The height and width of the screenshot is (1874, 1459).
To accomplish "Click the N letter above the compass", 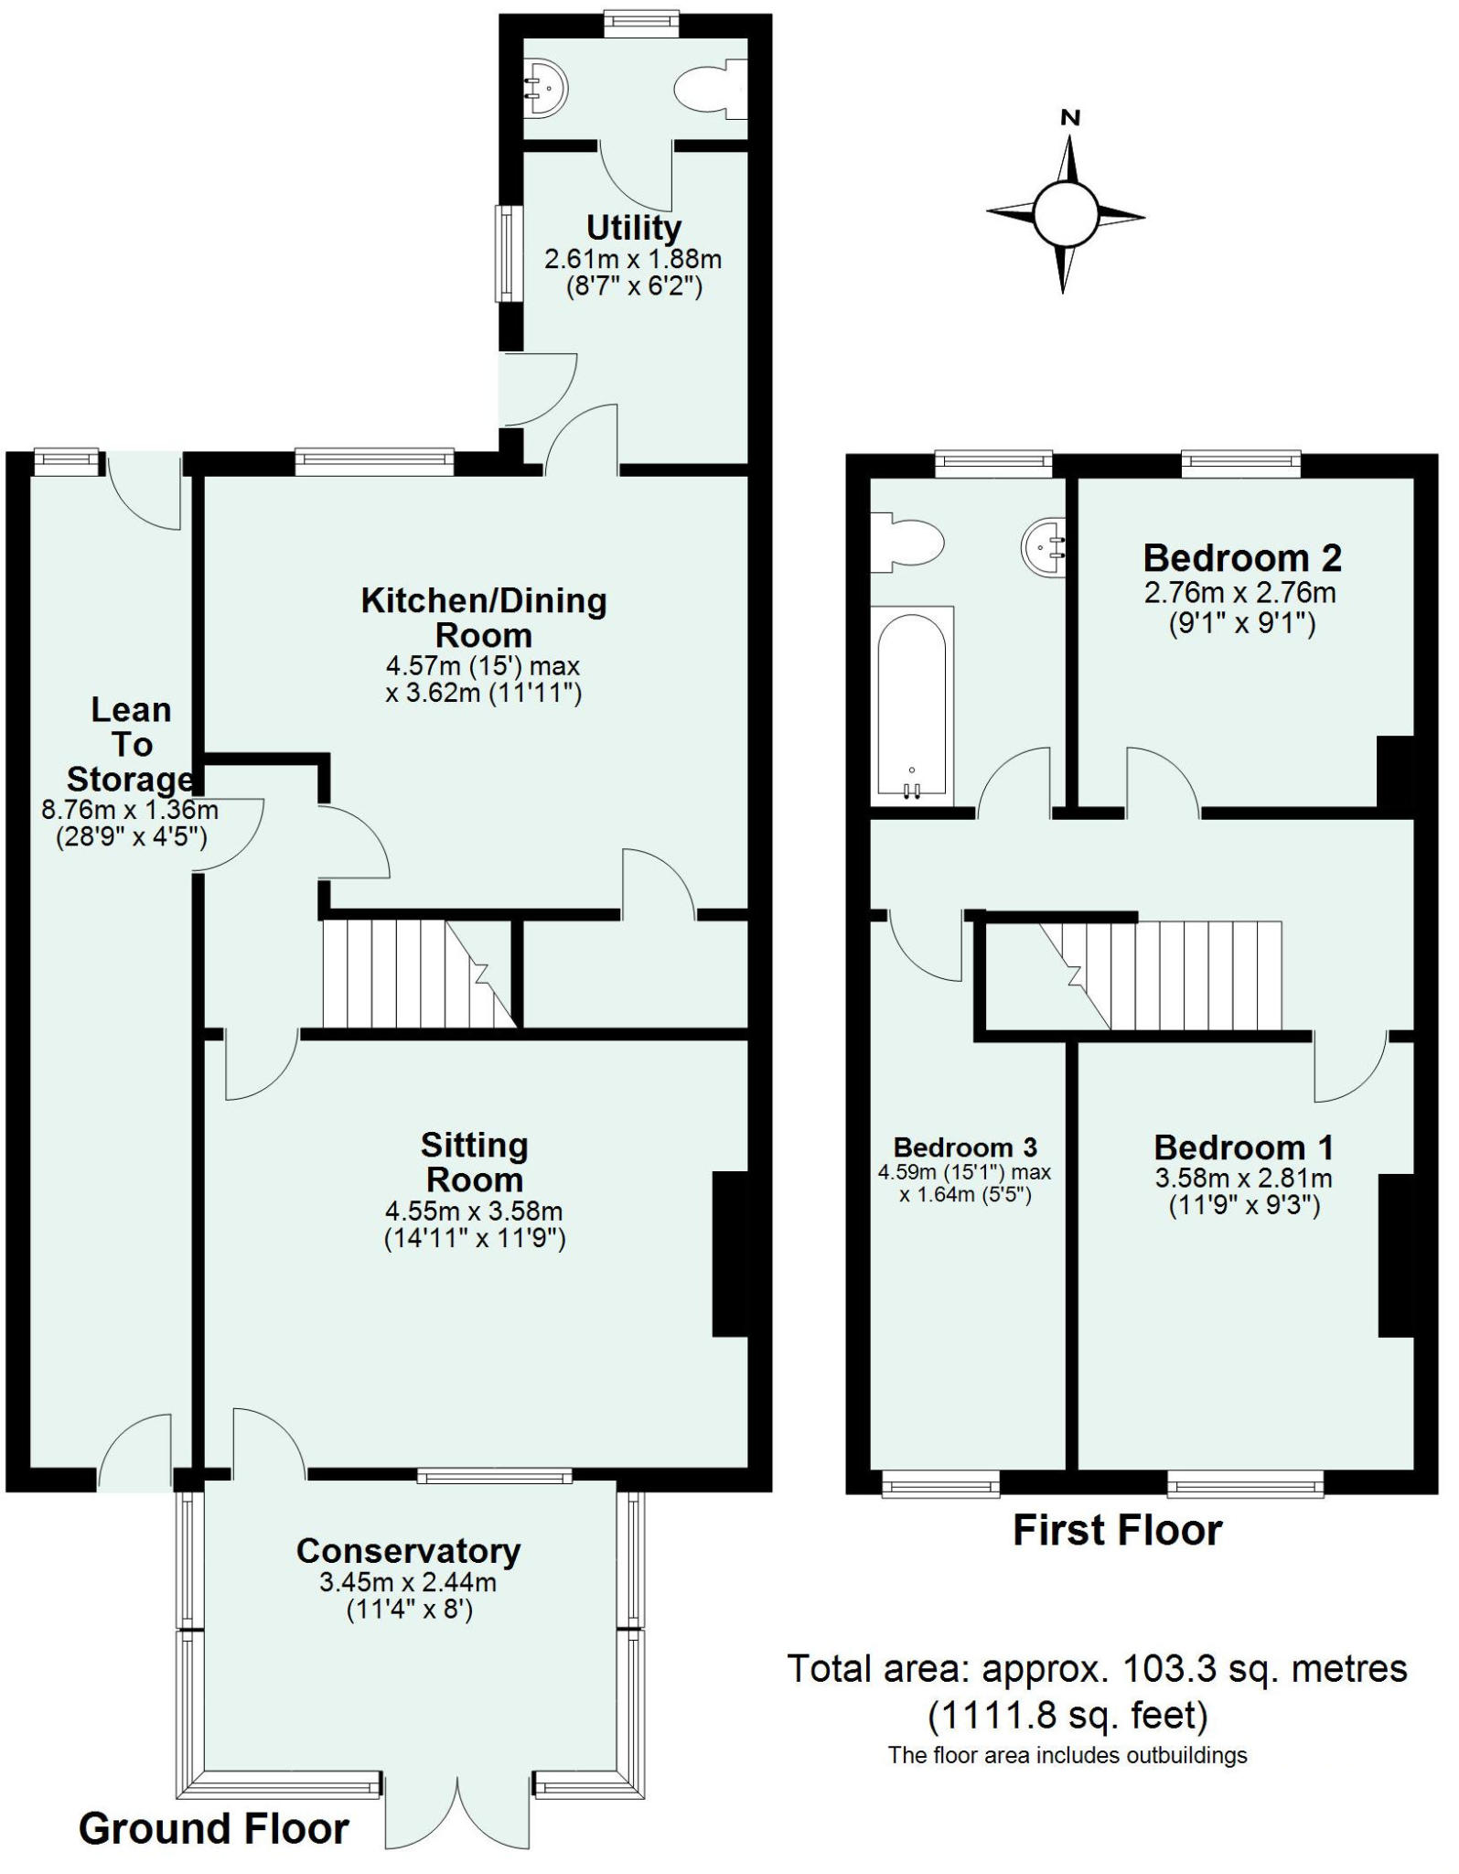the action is point(1070,117).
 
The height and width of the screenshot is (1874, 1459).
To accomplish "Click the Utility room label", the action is point(634,227).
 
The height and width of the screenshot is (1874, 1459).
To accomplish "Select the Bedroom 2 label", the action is point(1242,557).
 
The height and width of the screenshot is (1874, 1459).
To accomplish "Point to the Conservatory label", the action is point(408,1550).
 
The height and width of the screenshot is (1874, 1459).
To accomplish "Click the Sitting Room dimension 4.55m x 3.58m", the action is point(474,1212).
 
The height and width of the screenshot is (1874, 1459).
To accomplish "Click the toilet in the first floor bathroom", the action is point(906,543).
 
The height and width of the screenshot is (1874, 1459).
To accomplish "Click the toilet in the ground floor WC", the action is point(711,89).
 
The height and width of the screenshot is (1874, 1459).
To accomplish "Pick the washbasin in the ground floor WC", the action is point(545,89).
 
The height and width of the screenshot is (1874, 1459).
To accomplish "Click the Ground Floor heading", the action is point(214,1829).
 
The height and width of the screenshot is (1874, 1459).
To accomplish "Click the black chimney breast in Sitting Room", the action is point(731,1255).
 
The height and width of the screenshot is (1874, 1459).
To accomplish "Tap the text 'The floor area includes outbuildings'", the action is point(1067,1755).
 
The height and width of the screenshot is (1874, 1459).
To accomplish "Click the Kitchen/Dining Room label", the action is point(484,618).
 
